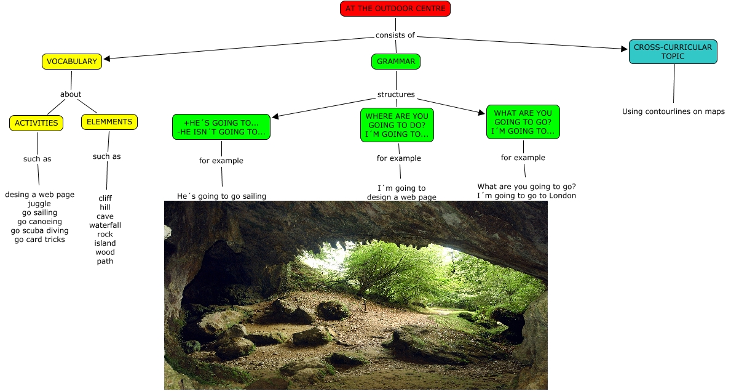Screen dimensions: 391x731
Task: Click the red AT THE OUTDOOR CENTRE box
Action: [395, 9]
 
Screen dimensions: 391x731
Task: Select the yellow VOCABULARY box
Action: [72, 62]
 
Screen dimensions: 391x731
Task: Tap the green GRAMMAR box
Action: [396, 62]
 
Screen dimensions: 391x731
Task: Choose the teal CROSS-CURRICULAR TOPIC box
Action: [673, 52]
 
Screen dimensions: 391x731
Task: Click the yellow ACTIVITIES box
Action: [36, 123]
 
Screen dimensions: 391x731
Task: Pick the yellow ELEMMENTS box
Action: [109, 122]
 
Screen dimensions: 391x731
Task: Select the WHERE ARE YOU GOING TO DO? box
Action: [397, 125]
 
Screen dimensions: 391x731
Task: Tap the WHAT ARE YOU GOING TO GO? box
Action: [523, 122]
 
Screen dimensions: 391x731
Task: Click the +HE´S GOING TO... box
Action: [221, 127]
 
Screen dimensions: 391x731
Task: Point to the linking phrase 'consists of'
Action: [395, 35]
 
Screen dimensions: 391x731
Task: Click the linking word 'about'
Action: [71, 94]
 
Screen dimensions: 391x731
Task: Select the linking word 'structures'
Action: [396, 95]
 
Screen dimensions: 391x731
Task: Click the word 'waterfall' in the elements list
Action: [105, 225]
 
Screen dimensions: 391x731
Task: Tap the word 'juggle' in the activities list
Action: [39, 204]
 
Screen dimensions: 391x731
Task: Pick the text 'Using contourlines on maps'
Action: [673, 111]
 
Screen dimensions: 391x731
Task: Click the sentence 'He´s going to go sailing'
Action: [221, 196]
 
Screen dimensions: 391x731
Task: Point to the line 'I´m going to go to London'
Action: [526, 196]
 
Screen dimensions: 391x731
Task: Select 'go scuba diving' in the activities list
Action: [39, 231]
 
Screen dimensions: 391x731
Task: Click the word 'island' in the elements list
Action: [105, 243]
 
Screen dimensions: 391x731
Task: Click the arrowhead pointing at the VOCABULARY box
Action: [107, 58]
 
